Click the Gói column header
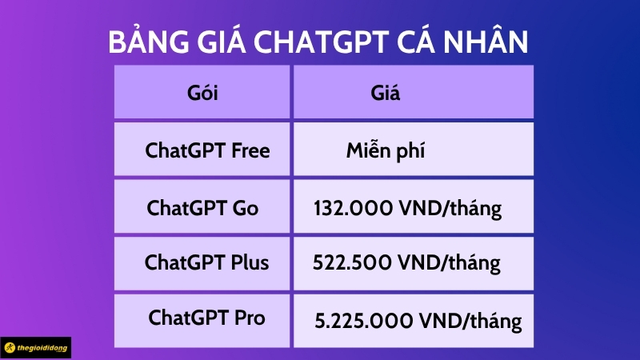point(202,93)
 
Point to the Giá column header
point(386,93)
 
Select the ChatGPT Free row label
point(207,150)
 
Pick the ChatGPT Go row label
point(202,208)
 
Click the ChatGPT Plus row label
point(206,262)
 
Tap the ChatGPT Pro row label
point(206,318)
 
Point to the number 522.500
point(350,263)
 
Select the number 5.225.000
point(362,322)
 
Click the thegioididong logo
point(37,348)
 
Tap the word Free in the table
point(250,150)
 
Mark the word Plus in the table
point(248,262)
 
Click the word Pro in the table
point(248,318)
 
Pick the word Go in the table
point(243,208)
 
